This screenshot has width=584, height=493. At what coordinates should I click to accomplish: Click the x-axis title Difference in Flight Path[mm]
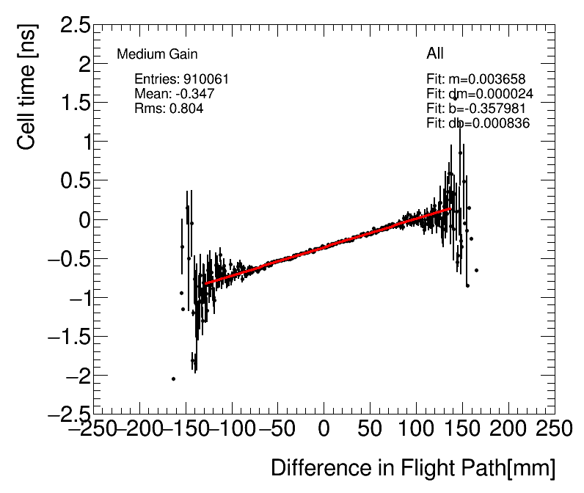413,468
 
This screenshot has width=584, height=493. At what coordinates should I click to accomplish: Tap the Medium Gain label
157,54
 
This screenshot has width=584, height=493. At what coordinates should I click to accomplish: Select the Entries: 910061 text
182,79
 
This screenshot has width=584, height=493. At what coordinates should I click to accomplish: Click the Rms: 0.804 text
169,109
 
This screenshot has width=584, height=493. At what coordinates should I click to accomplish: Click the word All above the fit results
435,54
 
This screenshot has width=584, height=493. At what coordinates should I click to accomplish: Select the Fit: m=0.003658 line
475,79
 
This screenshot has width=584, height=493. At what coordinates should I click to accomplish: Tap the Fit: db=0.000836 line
478,123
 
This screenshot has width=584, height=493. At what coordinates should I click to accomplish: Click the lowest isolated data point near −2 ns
173,379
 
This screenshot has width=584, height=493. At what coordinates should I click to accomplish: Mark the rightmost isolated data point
476,270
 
